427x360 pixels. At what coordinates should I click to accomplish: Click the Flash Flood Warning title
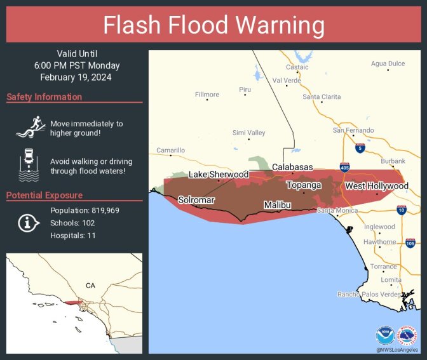pos(213,25)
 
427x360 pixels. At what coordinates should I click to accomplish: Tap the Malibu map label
pos(278,205)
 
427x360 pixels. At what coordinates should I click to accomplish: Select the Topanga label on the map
pos(304,185)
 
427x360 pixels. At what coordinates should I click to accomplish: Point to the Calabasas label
pos(292,167)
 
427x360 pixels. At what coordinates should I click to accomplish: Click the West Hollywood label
pos(376,186)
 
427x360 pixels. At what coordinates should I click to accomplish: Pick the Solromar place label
pos(196,199)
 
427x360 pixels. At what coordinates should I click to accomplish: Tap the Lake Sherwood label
pos(219,174)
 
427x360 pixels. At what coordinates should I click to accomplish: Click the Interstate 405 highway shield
pos(344,168)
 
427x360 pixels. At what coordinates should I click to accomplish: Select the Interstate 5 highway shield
pos(360,148)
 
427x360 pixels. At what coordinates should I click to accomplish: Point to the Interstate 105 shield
pos(410,243)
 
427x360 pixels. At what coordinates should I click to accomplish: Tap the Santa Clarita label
pos(322,97)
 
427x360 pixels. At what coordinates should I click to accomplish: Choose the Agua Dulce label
pos(388,63)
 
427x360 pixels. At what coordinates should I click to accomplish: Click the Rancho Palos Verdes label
pos(369,294)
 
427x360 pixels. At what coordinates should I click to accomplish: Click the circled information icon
pos(28,223)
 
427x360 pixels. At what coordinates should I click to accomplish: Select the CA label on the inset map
pos(90,286)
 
